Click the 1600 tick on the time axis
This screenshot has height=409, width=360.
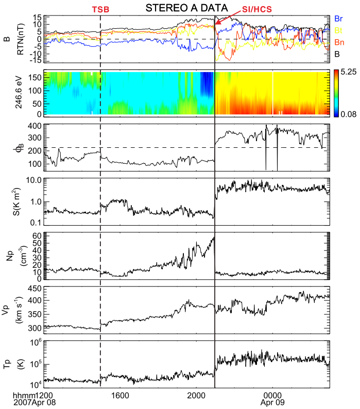pos(120,395)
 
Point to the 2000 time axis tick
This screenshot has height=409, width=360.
pos(196,395)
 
